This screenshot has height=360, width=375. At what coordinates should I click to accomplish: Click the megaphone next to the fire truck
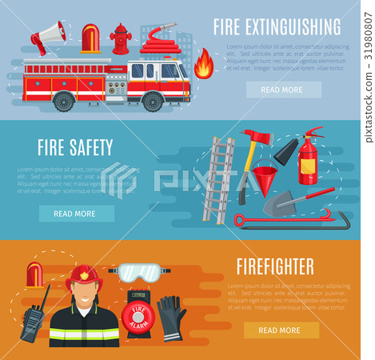pyautogui.click(x=48, y=36)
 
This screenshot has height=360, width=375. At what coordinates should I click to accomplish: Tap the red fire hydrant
pyautogui.click(x=121, y=38)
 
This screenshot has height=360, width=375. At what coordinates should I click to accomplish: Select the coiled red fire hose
pyautogui.click(x=160, y=41)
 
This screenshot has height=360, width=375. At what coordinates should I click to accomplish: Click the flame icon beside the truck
pyautogui.click(x=204, y=64)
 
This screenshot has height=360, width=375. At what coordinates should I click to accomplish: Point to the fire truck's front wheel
pyautogui.click(x=152, y=102)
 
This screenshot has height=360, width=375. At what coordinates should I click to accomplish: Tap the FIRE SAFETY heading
pyautogui.click(x=75, y=147)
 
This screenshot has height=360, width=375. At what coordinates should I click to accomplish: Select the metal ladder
pyautogui.click(x=218, y=180)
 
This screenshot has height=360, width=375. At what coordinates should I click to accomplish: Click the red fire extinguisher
pyautogui.click(x=309, y=158)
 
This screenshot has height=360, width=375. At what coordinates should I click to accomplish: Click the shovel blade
pyautogui.click(x=279, y=206)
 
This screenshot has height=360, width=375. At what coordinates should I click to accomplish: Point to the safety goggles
pyautogui.click(x=140, y=272)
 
